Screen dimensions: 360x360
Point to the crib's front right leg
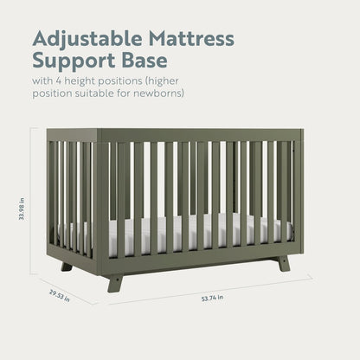pos(283,261)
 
